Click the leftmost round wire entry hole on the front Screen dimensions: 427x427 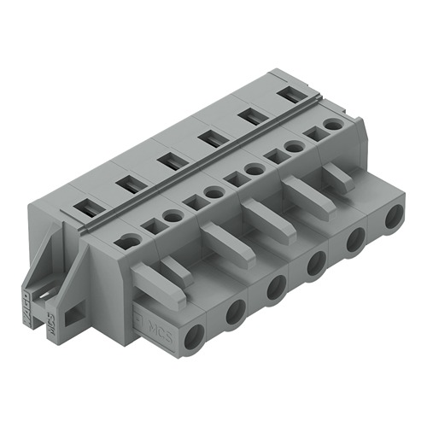(195, 334)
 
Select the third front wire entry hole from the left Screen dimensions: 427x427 (276, 289)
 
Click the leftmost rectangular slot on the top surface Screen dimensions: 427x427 (86, 205)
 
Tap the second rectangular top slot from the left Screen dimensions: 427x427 (127, 182)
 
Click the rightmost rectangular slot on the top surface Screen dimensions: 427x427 (292, 94)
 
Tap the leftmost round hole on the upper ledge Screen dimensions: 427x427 (129, 242)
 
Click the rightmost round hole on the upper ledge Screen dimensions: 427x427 (334, 125)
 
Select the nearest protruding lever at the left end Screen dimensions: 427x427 (159, 286)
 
